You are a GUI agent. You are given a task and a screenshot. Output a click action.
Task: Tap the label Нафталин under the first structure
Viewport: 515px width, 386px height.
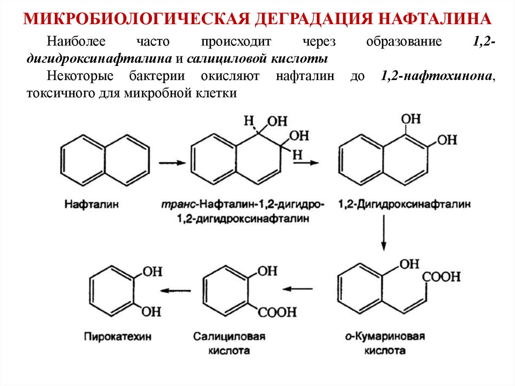point(87,205)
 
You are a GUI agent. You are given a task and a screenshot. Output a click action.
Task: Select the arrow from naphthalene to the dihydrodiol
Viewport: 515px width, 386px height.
point(173,163)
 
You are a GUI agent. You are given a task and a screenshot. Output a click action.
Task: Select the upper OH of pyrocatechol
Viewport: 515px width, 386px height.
point(152,272)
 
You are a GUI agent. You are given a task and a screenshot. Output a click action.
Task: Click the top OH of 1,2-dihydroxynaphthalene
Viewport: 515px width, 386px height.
point(411,119)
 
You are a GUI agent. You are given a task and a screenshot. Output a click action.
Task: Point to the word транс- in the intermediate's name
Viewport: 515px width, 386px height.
point(179,205)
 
